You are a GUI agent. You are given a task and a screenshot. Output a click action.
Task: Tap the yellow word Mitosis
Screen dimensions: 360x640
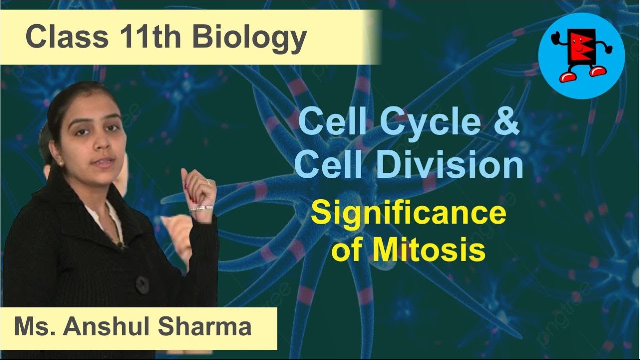(428, 250)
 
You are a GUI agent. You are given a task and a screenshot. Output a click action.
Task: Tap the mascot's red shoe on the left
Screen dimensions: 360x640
(565, 76)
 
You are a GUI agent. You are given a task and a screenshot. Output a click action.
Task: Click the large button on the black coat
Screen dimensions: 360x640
(142, 284)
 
